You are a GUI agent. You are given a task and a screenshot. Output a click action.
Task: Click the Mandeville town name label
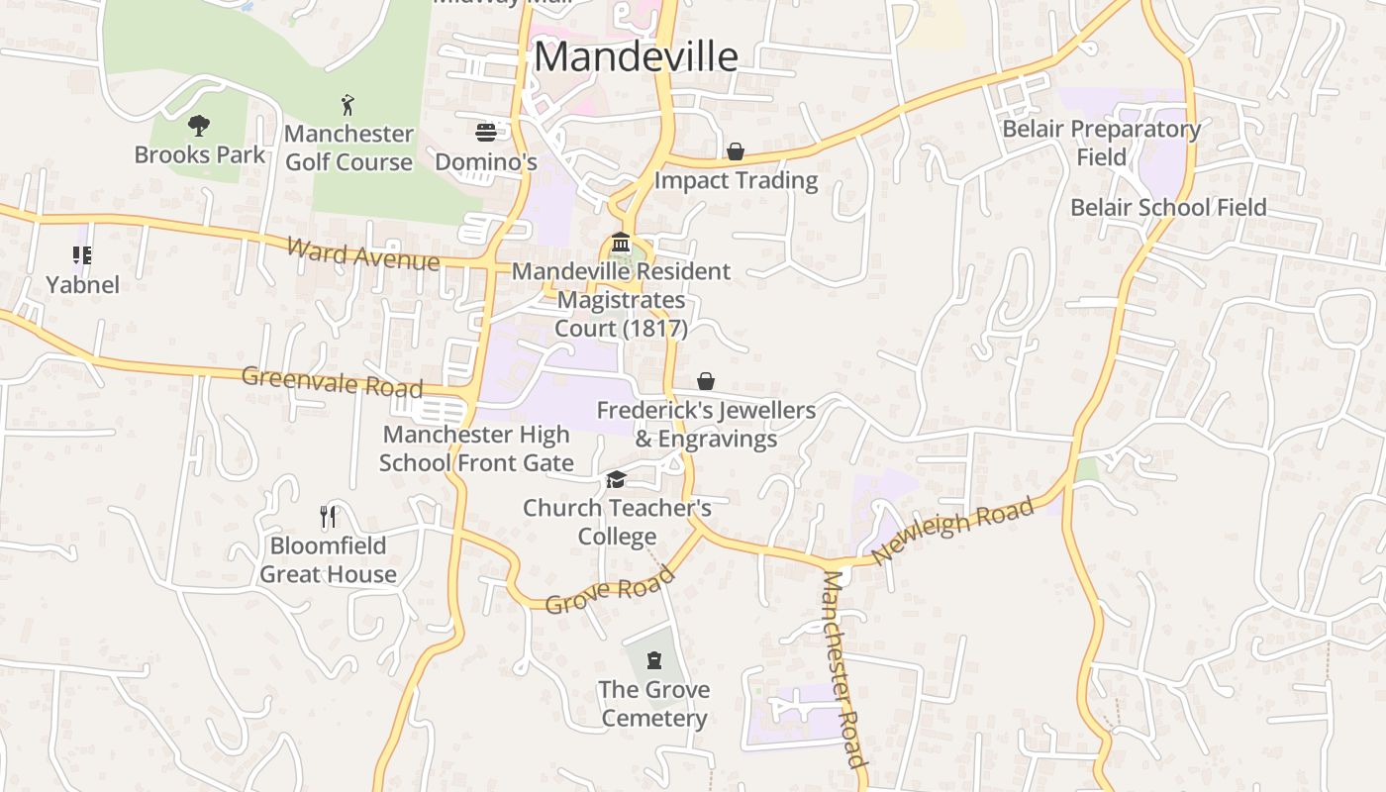636,56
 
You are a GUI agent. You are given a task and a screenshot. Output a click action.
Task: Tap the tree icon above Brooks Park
199,126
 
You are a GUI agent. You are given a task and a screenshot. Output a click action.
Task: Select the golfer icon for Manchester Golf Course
347,105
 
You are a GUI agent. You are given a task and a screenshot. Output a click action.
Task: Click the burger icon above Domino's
485,133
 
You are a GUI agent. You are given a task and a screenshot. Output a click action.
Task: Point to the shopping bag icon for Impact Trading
736,151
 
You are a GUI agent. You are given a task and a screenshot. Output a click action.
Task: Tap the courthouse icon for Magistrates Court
621,243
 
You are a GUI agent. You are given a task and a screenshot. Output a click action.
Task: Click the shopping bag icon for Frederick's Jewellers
706,381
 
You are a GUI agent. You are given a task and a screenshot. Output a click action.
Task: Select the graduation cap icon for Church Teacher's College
617,479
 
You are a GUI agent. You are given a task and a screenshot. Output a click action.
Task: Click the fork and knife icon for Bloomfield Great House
328,516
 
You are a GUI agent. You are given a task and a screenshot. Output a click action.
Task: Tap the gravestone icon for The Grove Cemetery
653,660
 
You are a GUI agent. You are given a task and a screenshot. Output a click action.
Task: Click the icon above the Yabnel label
82,256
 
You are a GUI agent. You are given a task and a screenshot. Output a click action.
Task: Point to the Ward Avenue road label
362,254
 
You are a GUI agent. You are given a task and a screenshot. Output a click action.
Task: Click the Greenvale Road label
332,381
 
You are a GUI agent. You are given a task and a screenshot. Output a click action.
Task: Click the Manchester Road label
843,669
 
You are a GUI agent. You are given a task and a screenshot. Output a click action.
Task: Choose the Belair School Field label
1168,207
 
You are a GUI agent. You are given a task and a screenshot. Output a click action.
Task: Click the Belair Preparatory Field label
1101,143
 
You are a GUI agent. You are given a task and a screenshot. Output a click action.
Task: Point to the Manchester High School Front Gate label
476,448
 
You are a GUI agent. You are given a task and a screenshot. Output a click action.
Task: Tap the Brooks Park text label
200,154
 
